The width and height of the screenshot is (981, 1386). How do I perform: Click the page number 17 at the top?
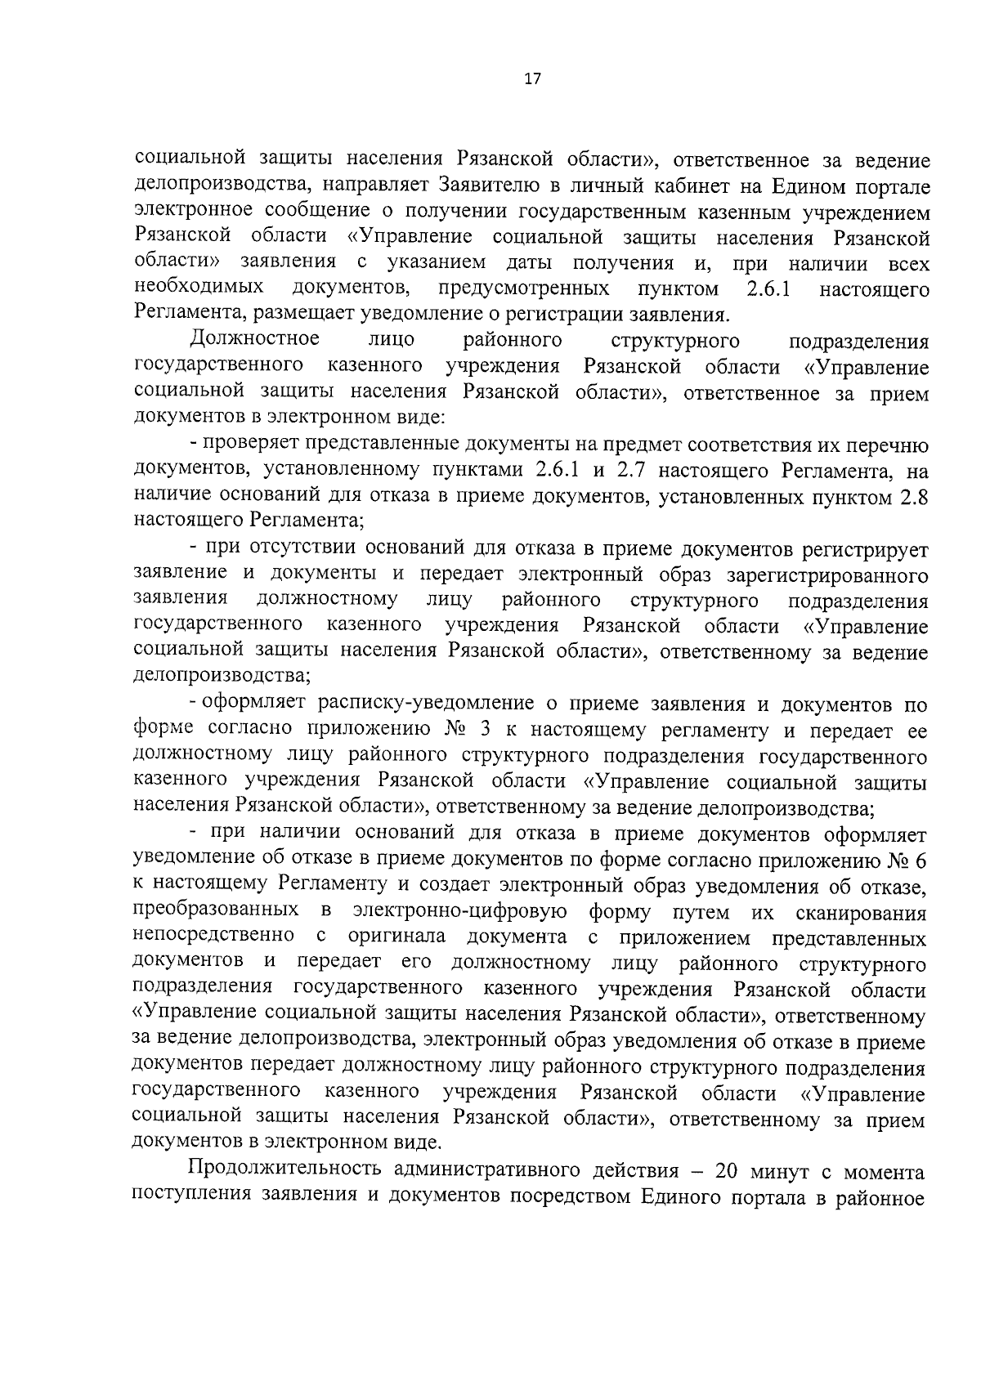(532, 79)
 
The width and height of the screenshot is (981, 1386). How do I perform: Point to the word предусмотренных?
(523, 288)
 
